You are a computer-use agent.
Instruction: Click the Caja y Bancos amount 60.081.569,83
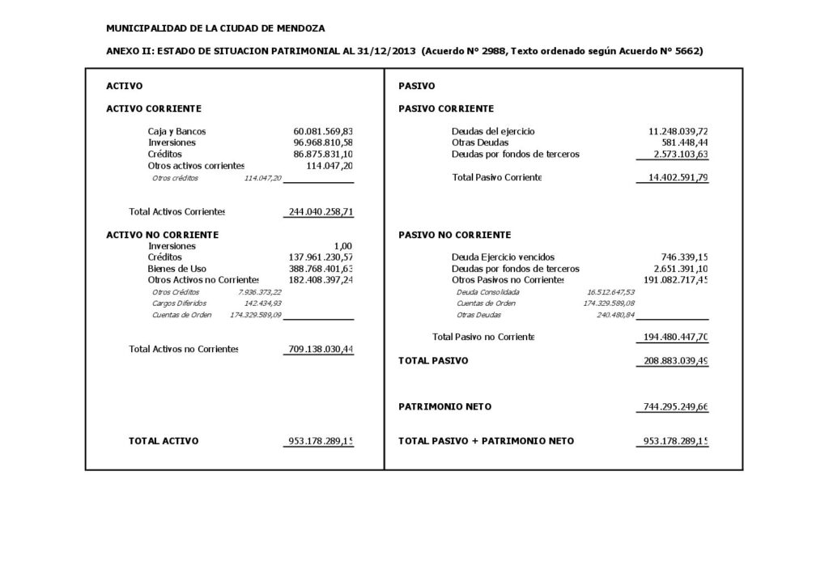pyautogui.click(x=323, y=131)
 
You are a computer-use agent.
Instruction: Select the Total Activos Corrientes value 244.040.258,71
pyautogui.click(x=321, y=212)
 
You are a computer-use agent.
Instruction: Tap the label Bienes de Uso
pyautogui.click(x=176, y=269)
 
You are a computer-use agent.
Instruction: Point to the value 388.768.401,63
pyautogui.click(x=321, y=269)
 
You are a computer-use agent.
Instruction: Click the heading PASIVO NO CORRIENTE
pyautogui.click(x=455, y=235)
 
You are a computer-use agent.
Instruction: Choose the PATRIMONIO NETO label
pyautogui.click(x=444, y=406)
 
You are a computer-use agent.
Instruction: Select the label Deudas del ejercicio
pyautogui.click(x=493, y=131)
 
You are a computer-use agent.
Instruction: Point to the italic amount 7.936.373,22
pyautogui.click(x=260, y=291)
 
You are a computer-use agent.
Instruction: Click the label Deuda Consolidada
pyautogui.click(x=488, y=291)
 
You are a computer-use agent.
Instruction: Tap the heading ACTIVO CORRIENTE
pyautogui.click(x=154, y=108)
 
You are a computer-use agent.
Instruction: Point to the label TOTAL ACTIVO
pyautogui.click(x=164, y=441)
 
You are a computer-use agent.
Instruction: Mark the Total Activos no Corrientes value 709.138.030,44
pyautogui.click(x=321, y=350)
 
